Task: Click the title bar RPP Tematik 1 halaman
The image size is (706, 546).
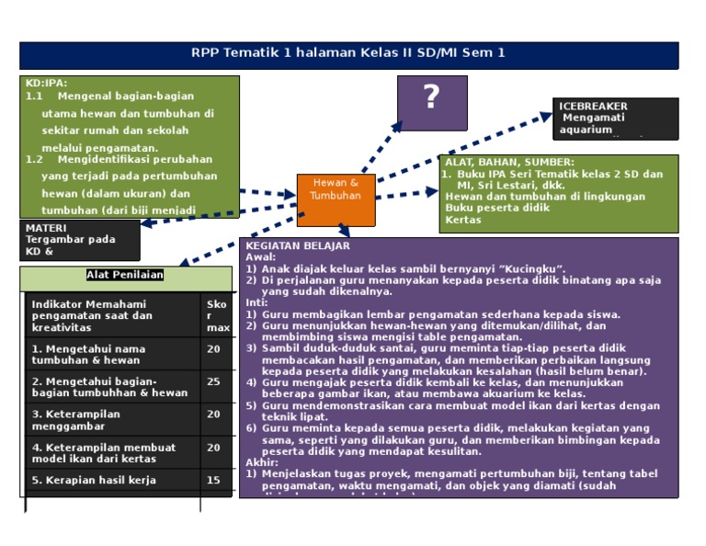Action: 348,53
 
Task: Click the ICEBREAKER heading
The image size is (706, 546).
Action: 593,107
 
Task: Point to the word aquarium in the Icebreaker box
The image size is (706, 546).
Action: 586,130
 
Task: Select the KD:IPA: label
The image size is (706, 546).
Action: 46,83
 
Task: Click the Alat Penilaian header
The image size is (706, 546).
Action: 125,274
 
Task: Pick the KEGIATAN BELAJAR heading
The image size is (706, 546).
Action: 297,246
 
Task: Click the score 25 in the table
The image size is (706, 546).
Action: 213,381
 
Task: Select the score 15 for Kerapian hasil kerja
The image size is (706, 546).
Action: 213,480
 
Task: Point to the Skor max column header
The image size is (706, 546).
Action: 217,315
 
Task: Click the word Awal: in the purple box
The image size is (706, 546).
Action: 261,257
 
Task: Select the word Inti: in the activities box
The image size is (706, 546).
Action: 256,302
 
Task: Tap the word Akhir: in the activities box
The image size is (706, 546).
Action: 262,462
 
